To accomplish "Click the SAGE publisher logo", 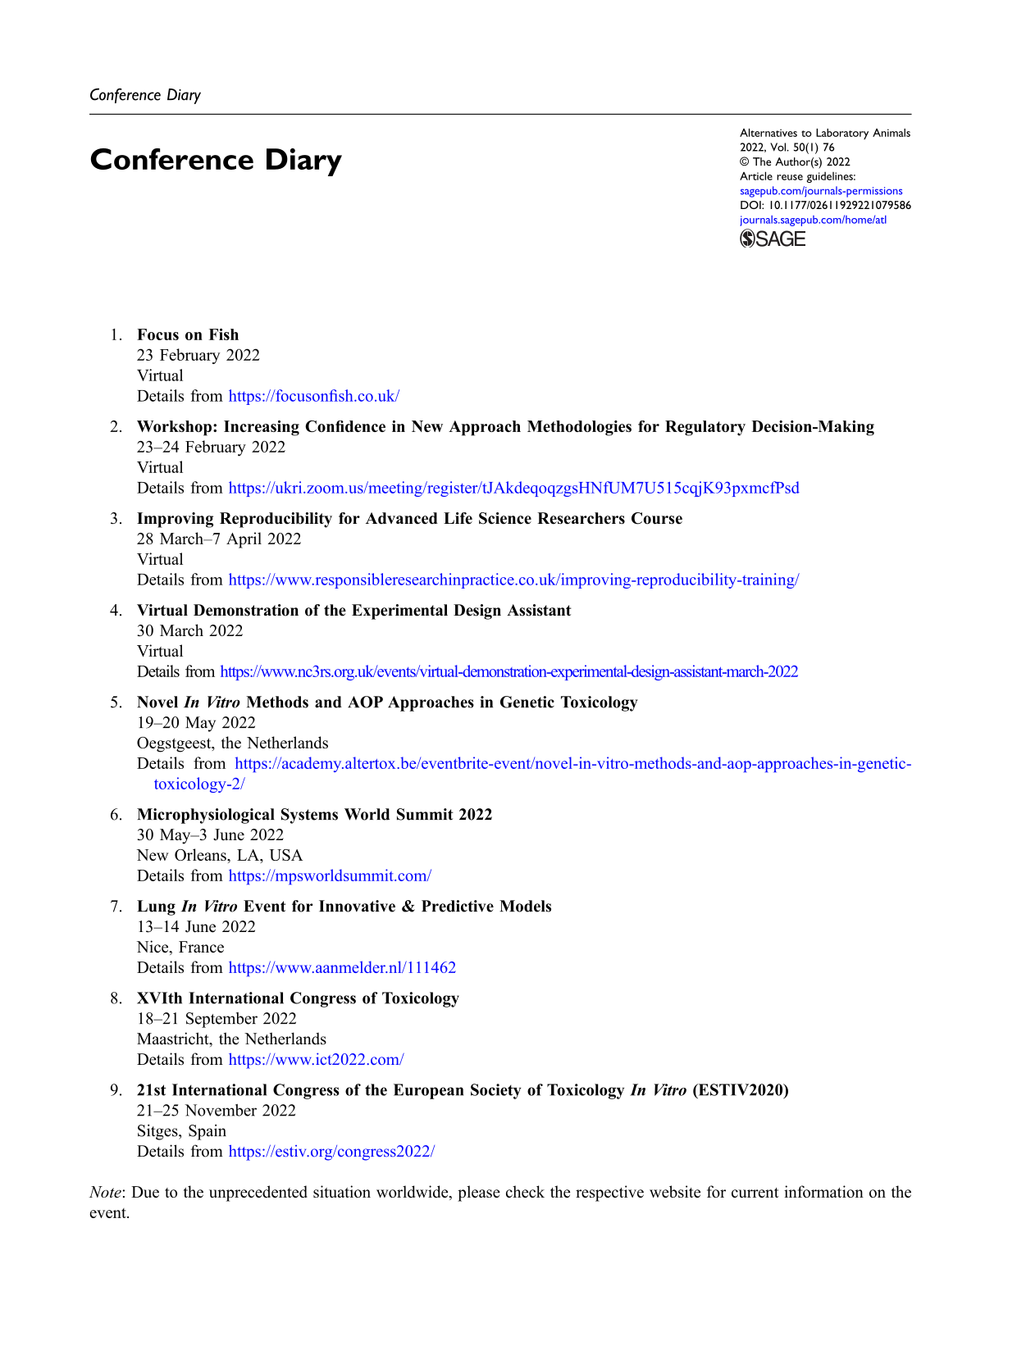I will pyautogui.click(x=773, y=239).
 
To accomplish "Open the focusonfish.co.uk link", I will pyautogui.click(x=313, y=396).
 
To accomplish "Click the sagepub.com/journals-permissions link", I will pyautogui.click(x=821, y=191).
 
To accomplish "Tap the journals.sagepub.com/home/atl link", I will pyautogui.click(x=813, y=220).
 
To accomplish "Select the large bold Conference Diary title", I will pyautogui.click(x=216, y=160).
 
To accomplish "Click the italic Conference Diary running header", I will pyautogui.click(x=145, y=95).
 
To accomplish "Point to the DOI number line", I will pyautogui.click(x=825, y=205).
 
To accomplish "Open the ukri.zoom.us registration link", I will pyautogui.click(x=513, y=488).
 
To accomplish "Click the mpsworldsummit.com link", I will pyautogui.click(x=330, y=875).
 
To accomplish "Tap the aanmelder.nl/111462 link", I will pyautogui.click(x=342, y=967).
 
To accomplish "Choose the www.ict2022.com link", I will pyautogui.click(x=316, y=1059).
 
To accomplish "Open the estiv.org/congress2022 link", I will pyautogui.click(x=331, y=1151).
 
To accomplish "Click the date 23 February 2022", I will pyautogui.click(x=198, y=355).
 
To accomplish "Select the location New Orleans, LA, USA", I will pyautogui.click(x=220, y=855).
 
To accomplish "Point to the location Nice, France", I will pyautogui.click(x=180, y=947).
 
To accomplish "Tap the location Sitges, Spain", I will pyautogui.click(x=181, y=1130).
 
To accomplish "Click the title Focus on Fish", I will pyautogui.click(x=188, y=334).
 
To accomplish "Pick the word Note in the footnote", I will pyautogui.click(x=105, y=1192).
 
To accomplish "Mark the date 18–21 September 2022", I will pyautogui.click(x=217, y=1018).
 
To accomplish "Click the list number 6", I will pyautogui.click(x=116, y=814).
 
